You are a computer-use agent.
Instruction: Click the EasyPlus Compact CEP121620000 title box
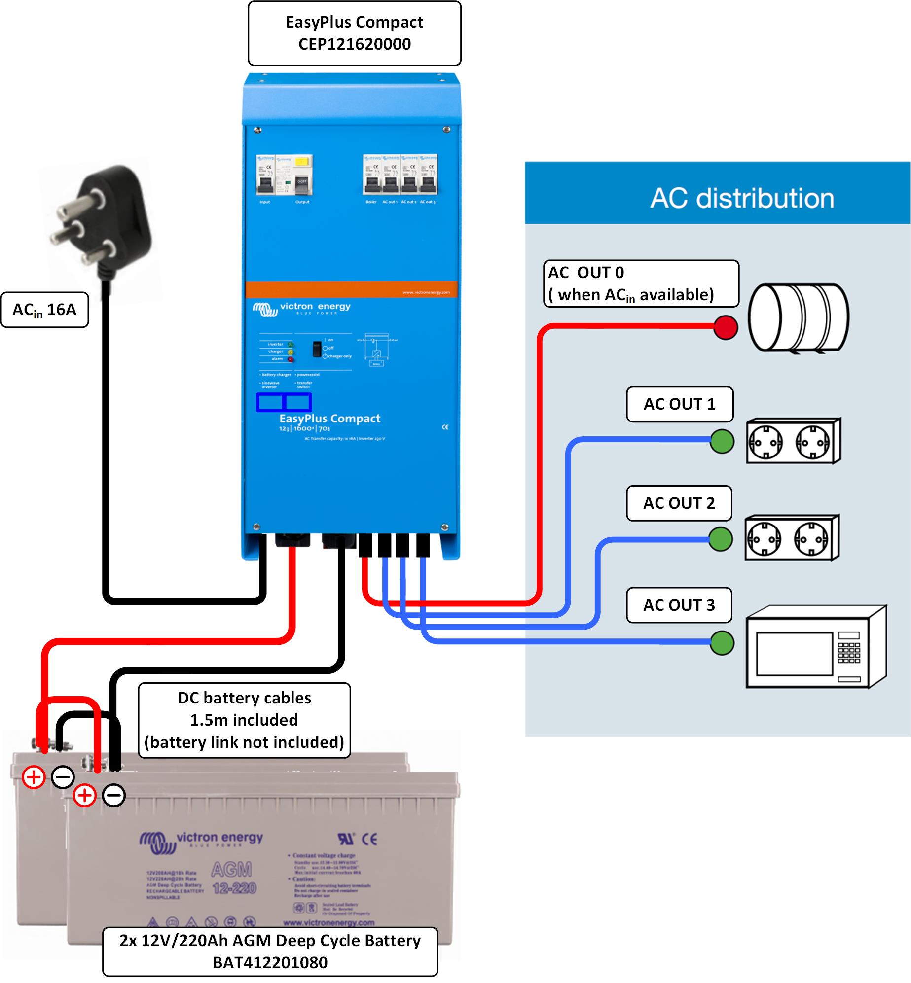point(354,34)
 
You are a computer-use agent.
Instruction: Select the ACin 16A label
point(44,310)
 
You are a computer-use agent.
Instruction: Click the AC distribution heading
point(741,198)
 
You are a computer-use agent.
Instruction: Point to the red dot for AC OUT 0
point(726,327)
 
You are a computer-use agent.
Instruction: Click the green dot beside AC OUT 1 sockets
point(722,441)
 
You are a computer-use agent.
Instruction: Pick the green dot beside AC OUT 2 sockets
point(721,539)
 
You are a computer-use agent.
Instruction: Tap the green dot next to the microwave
point(722,643)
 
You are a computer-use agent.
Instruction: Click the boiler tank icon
point(798,318)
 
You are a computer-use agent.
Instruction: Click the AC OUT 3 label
point(679,605)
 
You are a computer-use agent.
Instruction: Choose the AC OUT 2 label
point(679,503)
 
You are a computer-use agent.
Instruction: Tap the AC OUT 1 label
point(679,404)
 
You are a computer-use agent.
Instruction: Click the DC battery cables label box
point(244,720)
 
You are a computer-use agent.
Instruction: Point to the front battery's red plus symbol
point(84,795)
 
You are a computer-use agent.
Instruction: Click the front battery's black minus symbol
point(114,795)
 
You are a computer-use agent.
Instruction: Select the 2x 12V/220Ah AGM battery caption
point(270,951)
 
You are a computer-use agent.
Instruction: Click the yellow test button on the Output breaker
point(301,162)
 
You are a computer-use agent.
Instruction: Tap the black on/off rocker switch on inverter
point(317,349)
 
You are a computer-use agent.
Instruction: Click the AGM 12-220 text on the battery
point(233,878)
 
